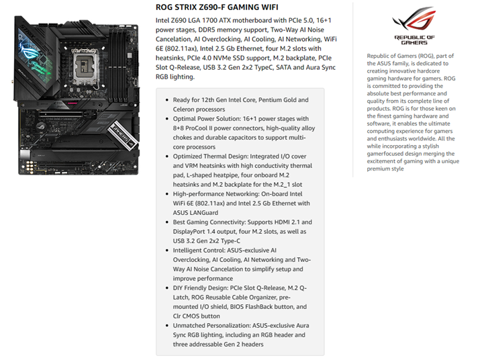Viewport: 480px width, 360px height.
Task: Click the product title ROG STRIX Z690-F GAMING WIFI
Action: pyautogui.click(x=217, y=7)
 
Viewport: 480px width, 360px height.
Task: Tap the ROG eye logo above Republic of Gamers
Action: pyautogui.click(x=414, y=19)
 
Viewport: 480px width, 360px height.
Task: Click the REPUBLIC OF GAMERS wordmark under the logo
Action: pyautogui.click(x=414, y=40)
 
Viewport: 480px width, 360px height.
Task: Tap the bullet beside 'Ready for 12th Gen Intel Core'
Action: pyautogui.click(x=167, y=100)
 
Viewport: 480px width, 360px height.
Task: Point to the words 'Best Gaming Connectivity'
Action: pyautogui.click(x=208, y=222)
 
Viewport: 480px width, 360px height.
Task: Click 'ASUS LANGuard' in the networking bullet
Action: pyautogui.click(x=195, y=213)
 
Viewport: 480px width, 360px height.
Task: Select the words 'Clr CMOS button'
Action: pyautogui.click(x=196, y=316)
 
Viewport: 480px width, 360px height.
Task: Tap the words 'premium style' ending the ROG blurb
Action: pyautogui.click(x=385, y=169)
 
